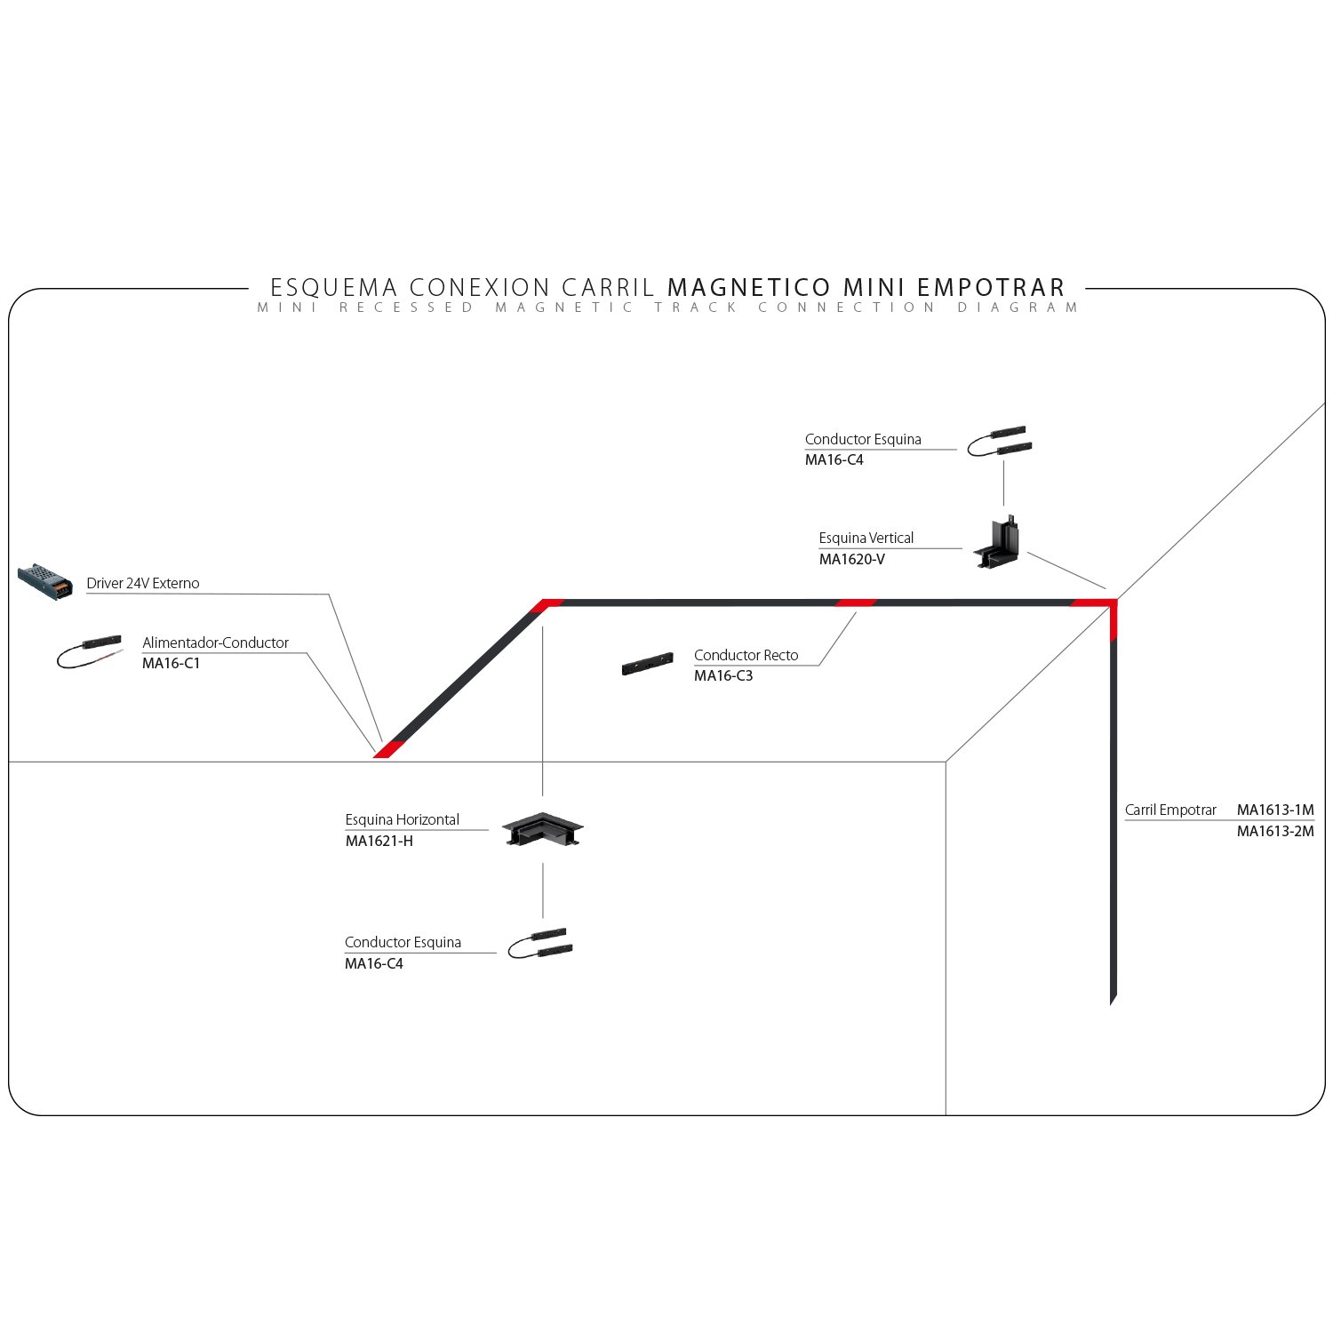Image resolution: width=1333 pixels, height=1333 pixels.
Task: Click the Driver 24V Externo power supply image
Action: [x=44, y=581]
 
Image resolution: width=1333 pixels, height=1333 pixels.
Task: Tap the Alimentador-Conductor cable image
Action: [x=89, y=651]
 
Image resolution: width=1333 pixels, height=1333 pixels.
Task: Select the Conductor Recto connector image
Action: [x=647, y=665]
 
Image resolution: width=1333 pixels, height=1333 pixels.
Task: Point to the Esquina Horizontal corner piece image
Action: [x=542, y=829]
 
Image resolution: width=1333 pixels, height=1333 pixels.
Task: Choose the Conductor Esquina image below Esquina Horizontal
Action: [x=541, y=944]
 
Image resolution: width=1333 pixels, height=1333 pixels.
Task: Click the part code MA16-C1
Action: [x=171, y=663]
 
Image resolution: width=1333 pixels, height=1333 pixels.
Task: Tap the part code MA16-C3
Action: [x=722, y=675]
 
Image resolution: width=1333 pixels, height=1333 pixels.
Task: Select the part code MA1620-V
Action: [x=851, y=559]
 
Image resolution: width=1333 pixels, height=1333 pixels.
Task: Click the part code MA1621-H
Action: [x=379, y=841]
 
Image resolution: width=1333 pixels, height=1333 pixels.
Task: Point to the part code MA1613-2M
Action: [x=1274, y=831]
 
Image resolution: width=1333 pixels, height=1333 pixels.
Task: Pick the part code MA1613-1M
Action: [x=1274, y=810]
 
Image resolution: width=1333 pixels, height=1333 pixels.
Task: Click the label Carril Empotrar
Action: [x=1169, y=810]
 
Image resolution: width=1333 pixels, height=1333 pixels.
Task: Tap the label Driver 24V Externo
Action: [x=142, y=583]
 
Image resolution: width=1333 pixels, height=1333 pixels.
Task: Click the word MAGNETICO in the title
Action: [x=748, y=287]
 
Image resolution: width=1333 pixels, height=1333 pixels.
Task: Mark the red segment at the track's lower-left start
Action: [x=388, y=749]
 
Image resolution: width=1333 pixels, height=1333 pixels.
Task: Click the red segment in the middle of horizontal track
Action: [x=856, y=603]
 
